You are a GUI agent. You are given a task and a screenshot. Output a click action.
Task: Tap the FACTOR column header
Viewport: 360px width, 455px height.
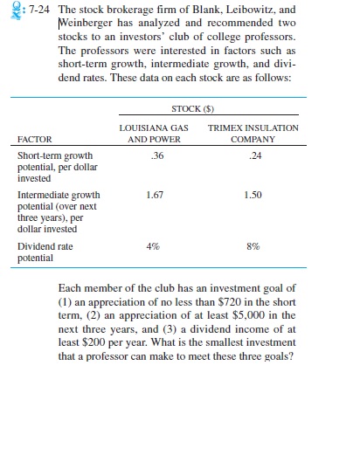pos(36,139)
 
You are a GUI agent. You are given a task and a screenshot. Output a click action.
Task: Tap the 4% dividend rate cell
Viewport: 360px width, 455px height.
pos(157,246)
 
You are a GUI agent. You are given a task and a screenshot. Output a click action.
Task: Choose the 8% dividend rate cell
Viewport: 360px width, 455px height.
pos(254,246)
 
